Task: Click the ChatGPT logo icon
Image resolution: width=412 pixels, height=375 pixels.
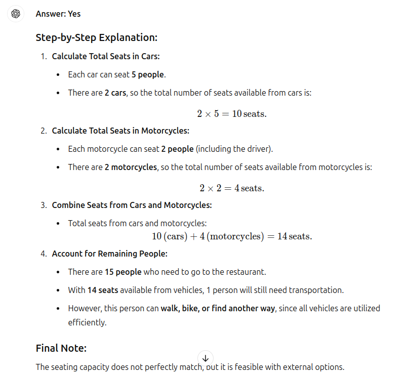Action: click(x=16, y=14)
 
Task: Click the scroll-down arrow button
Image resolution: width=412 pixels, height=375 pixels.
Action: click(x=205, y=357)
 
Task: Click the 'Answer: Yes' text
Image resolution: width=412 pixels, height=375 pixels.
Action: click(x=58, y=14)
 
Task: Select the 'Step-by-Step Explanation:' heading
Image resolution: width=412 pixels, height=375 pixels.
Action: click(x=97, y=37)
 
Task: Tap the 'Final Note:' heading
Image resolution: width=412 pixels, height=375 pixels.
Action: click(x=61, y=348)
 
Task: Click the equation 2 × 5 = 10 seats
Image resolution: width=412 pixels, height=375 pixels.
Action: click(x=232, y=114)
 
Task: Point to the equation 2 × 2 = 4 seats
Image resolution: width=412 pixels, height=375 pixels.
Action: click(x=232, y=188)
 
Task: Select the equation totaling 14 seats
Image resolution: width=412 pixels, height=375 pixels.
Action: click(x=232, y=236)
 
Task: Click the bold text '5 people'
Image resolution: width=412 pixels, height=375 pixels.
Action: click(x=148, y=74)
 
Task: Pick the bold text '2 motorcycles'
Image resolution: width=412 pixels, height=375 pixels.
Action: click(x=131, y=167)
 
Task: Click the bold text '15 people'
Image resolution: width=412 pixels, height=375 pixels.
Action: click(x=123, y=272)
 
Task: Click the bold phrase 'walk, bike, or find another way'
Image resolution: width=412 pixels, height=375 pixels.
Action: click(x=218, y=308)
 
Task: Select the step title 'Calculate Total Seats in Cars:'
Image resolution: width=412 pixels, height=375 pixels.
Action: click(x=106, y=56)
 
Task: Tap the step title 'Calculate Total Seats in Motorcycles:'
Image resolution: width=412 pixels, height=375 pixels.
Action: click(x=120, y=131)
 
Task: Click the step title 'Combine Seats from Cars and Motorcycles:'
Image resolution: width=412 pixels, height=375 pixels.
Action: click(x=132, y=205)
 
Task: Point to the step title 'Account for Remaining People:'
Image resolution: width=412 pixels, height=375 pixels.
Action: click(x=109, y=254)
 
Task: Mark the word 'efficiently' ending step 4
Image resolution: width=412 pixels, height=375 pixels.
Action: click(x=87, y=322)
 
